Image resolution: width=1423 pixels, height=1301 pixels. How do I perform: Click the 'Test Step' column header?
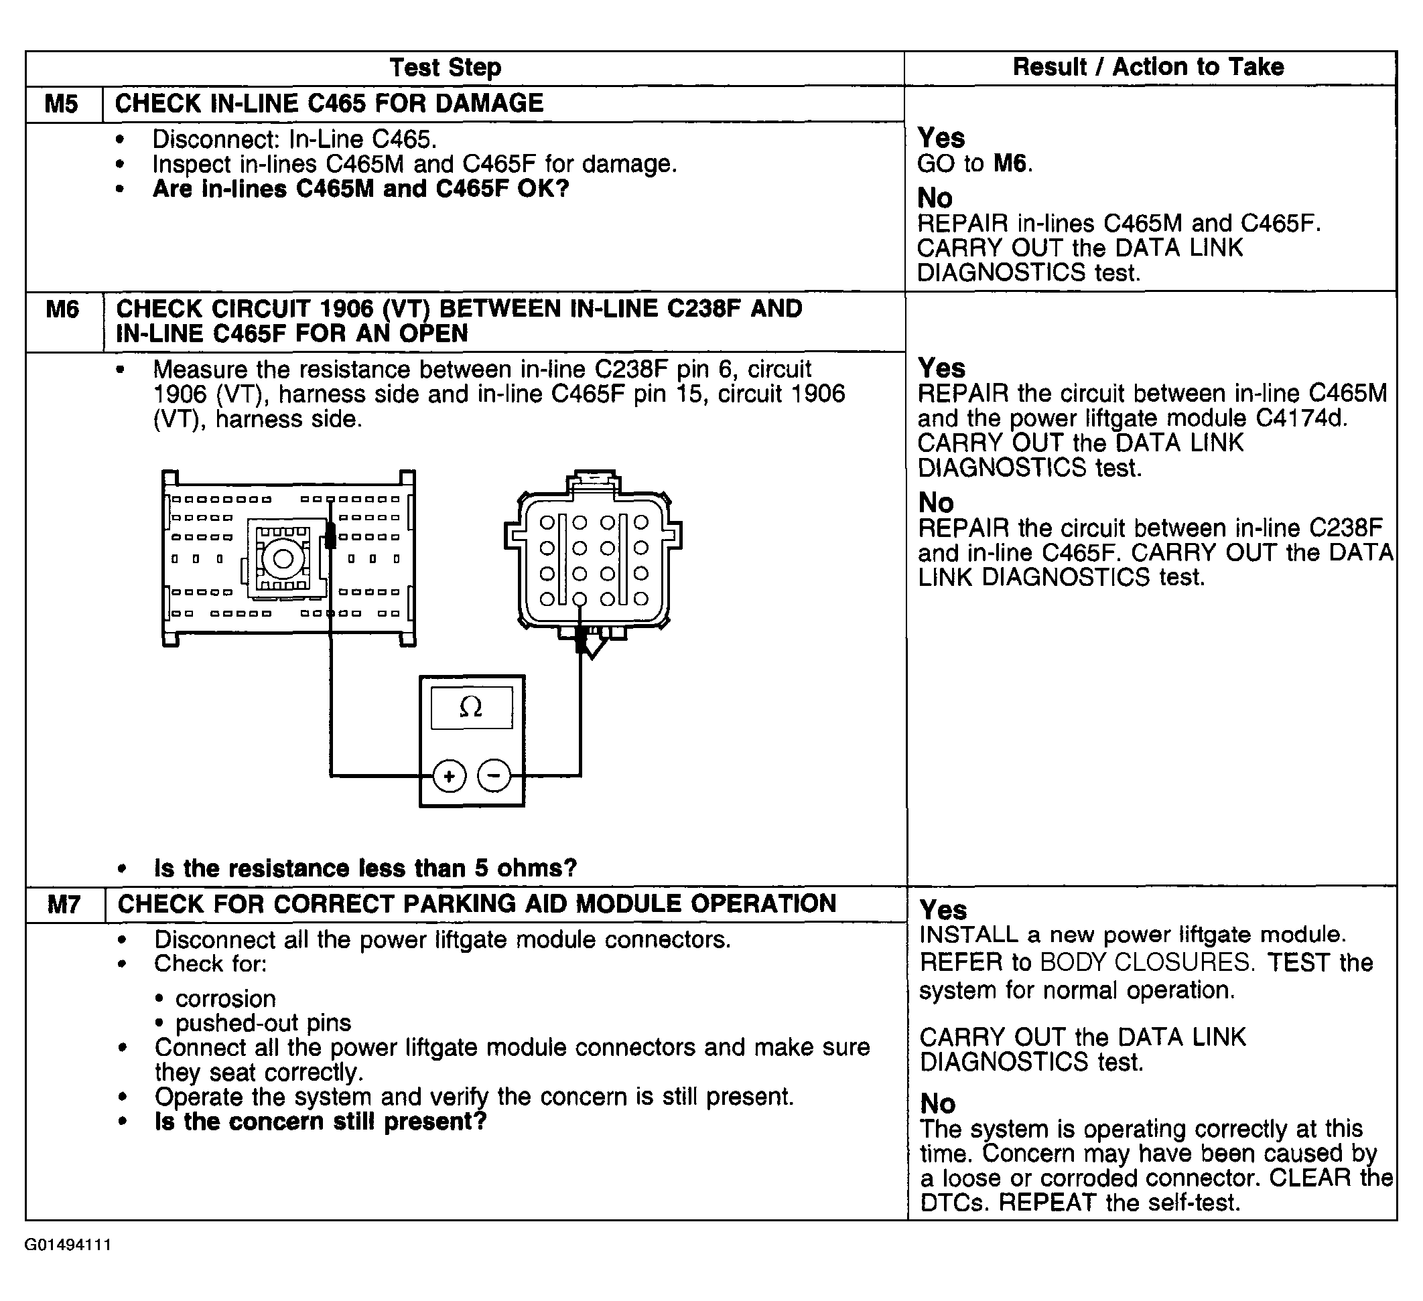(x=446, y=68)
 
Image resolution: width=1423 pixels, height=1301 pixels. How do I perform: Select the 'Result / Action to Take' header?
(x=1148, y=67)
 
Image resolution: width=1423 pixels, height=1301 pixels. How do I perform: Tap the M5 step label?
(x=62, y=104)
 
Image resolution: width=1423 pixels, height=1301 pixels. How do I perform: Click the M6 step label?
(x=63, y=309)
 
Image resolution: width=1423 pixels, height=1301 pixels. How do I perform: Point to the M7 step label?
(x=64, y=905)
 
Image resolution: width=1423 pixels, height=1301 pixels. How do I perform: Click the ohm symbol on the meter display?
(x=471, y=707)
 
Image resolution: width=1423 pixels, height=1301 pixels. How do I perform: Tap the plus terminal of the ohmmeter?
(x=449, y=776)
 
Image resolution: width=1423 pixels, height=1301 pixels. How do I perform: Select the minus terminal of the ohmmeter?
(x=494, y=776)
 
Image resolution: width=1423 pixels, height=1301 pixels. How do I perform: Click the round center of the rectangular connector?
(x=283, y=559)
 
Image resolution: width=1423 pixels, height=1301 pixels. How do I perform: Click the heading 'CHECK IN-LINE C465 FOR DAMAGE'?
(x=329, y=104)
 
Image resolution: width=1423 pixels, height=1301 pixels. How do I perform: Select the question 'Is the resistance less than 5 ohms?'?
(x=365, y=868)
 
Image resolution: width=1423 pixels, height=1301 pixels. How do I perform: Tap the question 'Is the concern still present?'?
(x=320, y=1121)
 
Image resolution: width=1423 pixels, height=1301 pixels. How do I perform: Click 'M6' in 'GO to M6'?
(x=1010, y=163)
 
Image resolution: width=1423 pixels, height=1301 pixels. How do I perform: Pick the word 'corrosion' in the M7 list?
(x=225, y=998)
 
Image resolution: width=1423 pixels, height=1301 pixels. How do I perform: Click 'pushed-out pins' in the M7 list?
(x=263, y=1022)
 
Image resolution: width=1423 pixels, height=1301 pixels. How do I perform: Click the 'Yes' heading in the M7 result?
(x=943, y=909)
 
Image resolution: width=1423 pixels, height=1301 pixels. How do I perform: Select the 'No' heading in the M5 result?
(x=935, y=198)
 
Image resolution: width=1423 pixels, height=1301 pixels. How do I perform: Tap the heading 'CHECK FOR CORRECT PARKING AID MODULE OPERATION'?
(x=476, y=904)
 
